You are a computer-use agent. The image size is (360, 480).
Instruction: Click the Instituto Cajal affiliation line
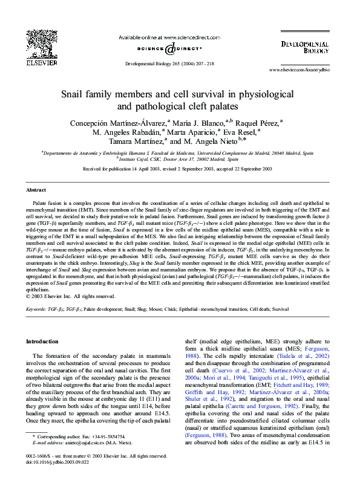[x=180, y=158]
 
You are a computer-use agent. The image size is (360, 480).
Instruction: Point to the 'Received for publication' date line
[x=177, y=169]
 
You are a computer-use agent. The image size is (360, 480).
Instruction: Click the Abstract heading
[x=36, y=190]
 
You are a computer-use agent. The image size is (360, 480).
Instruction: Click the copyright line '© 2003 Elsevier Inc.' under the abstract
[x=71, y=296]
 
